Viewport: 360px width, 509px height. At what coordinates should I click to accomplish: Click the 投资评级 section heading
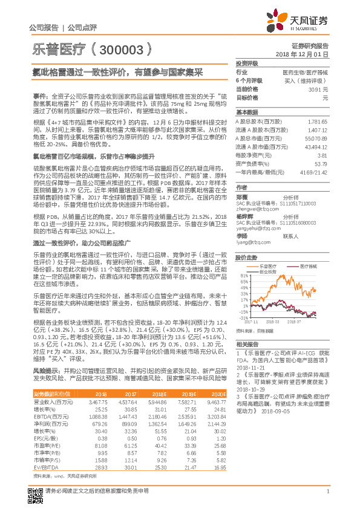pos(247,62)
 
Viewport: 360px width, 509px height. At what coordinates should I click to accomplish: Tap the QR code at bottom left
pos(36,491)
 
